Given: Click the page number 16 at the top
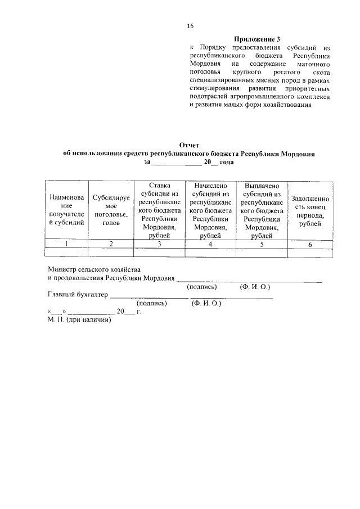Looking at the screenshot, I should coord(190,26).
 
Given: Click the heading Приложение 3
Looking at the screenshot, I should coord(257,39).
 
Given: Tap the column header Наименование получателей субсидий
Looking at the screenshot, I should coord(67,210).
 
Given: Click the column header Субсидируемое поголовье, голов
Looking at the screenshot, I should coord(111,210).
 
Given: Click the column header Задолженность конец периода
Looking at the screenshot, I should coord(310,210).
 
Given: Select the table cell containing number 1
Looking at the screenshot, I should coord(67,244).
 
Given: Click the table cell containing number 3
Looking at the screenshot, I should coord(159,244).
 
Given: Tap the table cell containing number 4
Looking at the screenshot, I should coord(210,244).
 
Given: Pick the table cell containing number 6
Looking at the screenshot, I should coord(310,244).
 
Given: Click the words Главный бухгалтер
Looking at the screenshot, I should coord(77,294).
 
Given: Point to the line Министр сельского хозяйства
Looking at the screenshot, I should coord(94,269).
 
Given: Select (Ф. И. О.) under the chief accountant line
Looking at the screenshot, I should coord(206,303).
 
